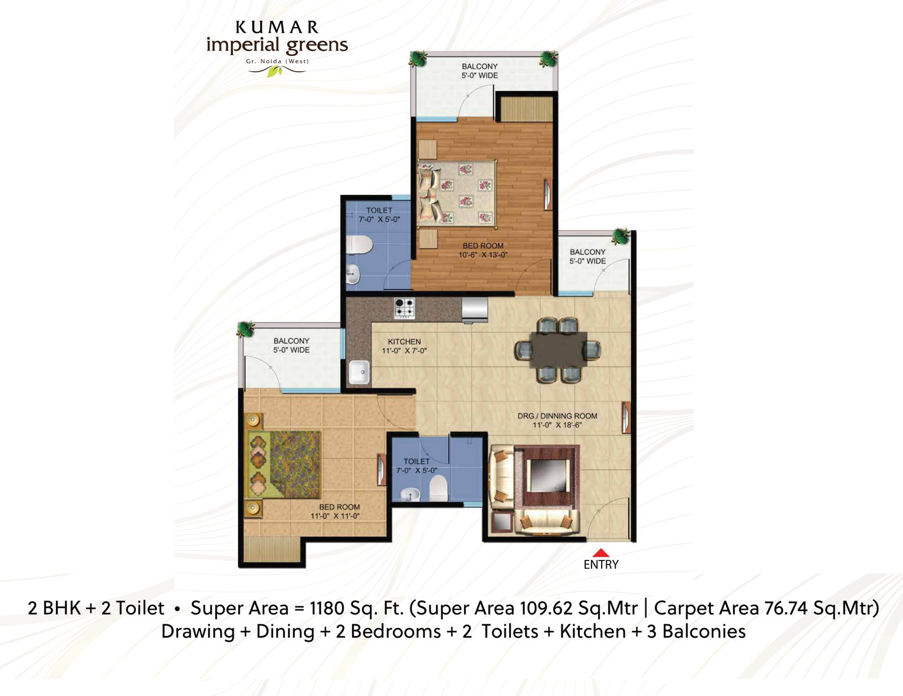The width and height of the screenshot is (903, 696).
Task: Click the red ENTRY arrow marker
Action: pos(601,553)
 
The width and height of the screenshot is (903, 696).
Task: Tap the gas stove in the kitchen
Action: pos(404,308)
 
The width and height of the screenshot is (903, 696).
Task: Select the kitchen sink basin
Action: pos(359,373)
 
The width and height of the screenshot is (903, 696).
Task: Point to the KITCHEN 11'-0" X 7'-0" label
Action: pos(404,346)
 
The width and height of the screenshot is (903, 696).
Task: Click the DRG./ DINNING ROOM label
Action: pos(557,416)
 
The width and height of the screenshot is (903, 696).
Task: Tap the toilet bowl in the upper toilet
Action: pos(360,244)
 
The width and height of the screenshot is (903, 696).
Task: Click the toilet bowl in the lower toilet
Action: pos(438,488)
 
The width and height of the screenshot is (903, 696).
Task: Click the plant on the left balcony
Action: pos(246,329)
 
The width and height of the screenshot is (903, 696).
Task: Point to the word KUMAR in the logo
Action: pos(277,28)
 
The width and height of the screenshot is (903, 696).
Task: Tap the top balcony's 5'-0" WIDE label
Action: pos(480,76)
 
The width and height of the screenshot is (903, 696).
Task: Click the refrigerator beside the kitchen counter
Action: pos(475,309)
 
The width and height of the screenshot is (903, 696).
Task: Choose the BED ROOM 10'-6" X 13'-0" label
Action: pos(483,250)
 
